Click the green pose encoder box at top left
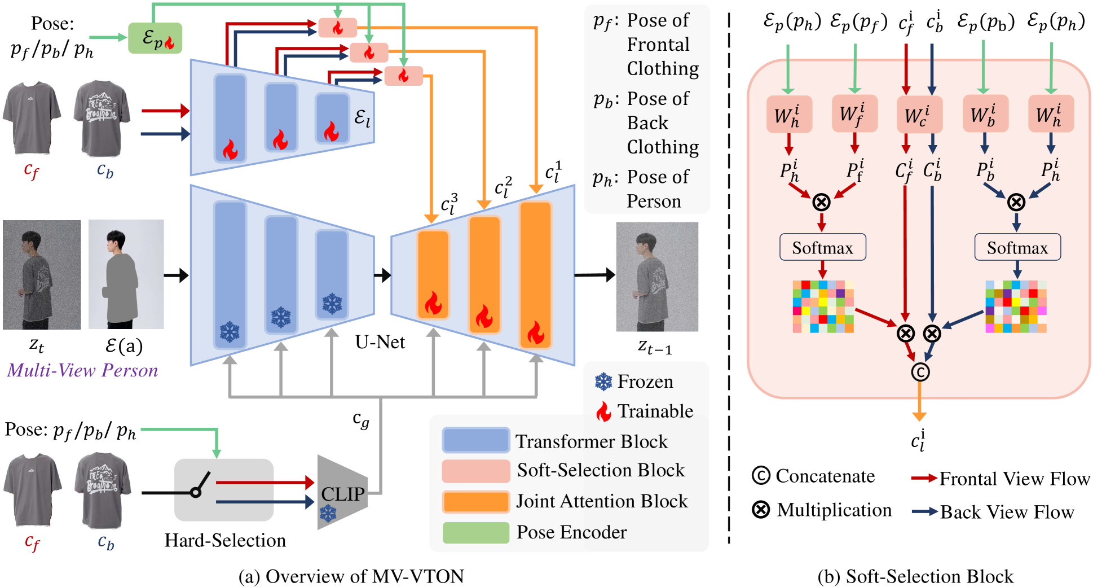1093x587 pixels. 155,38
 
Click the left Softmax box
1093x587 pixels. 822,247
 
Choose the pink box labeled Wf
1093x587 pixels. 854,113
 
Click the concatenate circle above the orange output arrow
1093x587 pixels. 920,371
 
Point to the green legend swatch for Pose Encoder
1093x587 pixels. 475,532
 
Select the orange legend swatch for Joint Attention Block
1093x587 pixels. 475,501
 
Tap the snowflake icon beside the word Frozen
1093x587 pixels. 603,382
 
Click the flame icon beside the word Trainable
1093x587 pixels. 603,411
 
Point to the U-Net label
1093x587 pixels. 380,342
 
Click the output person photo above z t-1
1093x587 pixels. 657,277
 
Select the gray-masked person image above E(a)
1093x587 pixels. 126,274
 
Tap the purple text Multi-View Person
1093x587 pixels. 82,370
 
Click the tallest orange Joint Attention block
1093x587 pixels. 535,275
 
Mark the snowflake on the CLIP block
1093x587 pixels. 328,514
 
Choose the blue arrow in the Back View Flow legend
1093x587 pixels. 924,512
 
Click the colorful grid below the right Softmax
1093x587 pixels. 1016,306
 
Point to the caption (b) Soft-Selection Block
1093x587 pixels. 915,576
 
